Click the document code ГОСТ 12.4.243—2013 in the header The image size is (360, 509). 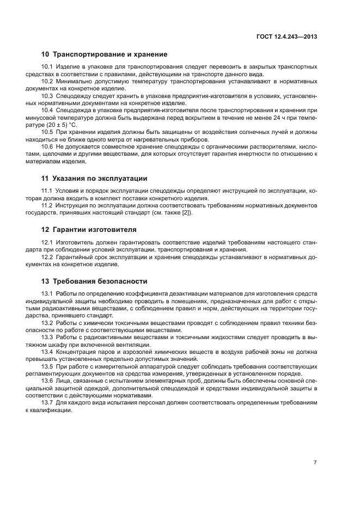click(286, 37)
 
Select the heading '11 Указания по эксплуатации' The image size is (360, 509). click(94, 178)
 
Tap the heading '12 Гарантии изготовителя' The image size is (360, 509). click(89, 229)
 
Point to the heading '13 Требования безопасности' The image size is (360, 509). click(94, 281)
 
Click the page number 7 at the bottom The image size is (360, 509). click(315, 462)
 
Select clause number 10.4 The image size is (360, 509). click(47, 109)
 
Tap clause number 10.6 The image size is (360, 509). click(47, 147)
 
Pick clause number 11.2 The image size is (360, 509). click(47, 205)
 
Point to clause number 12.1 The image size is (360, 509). click(47, 242)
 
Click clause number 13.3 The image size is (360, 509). click(47, 337)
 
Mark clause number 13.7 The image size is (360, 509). click(47, 402)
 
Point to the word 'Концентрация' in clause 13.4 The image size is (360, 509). click(76, 351)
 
